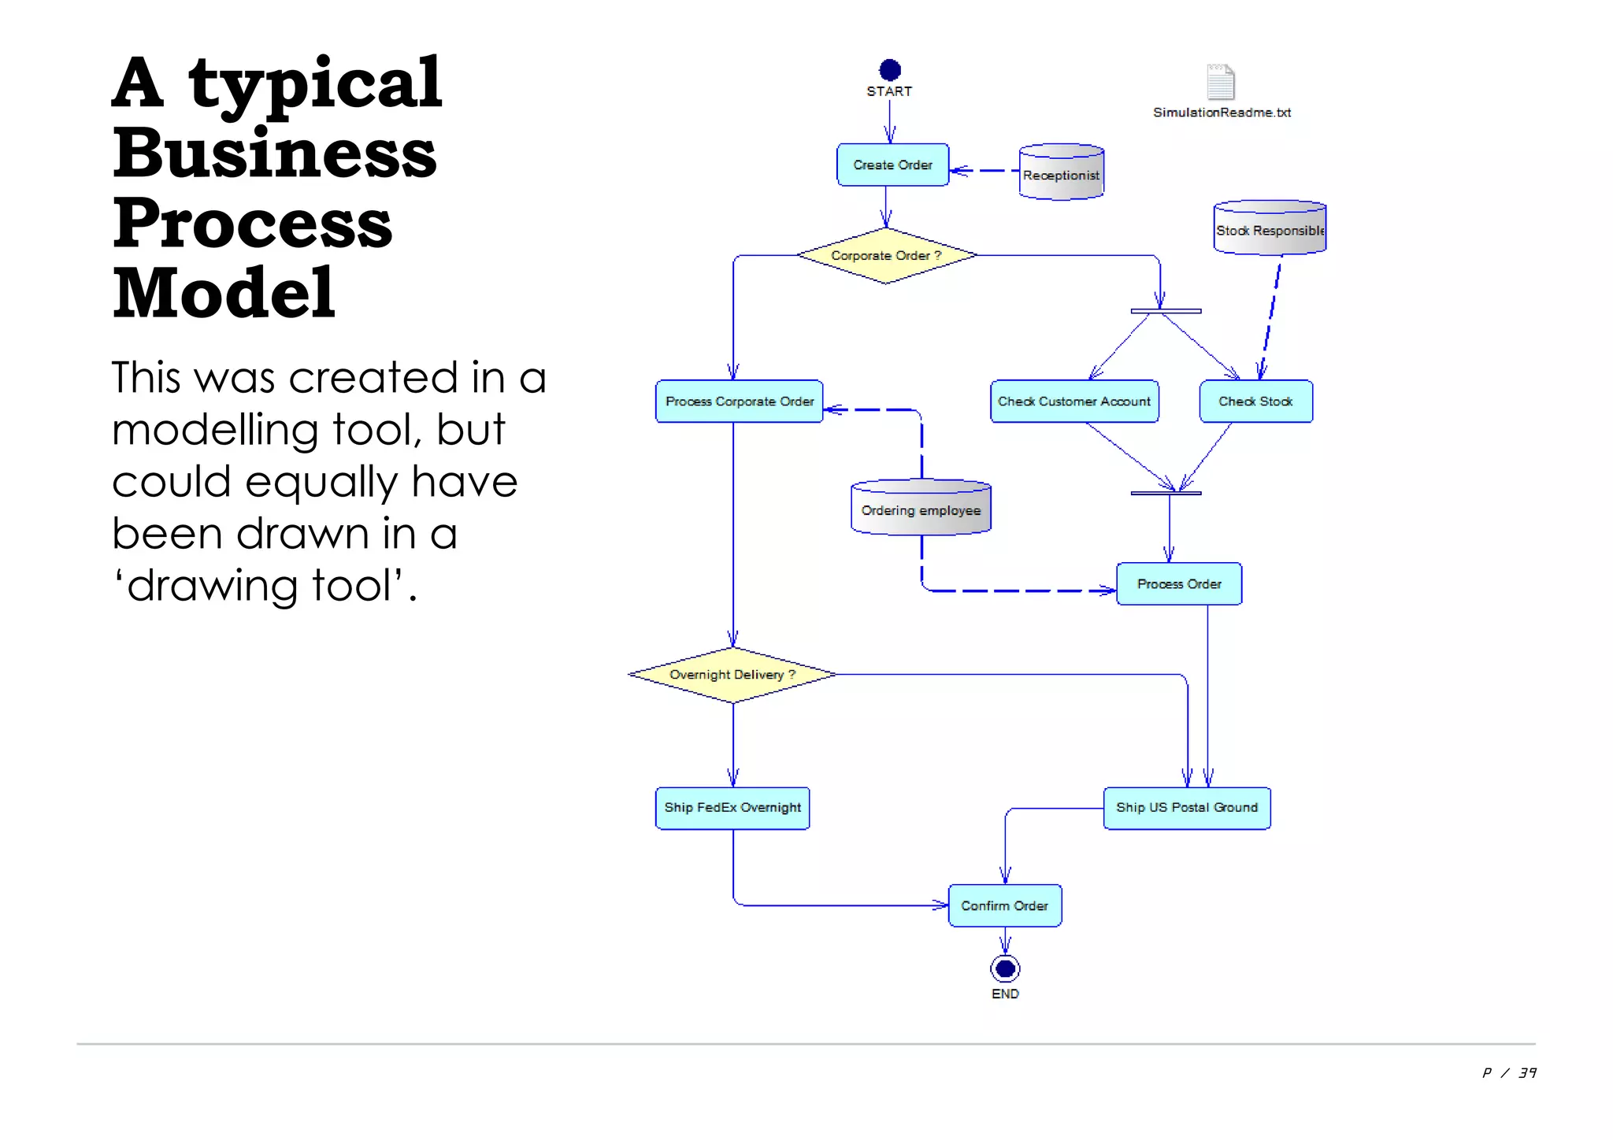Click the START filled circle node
pyautogui.click(x=889, y=70)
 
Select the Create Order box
pyautogui.click(x=892, y=165)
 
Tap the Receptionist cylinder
pyautogui.click(x=1061, y=172)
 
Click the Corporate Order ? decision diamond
pyautogui.click(x=886, y=256)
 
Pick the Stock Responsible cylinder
pyautogui.click(x=1270, y=228)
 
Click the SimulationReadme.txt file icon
pyautogui.click(x=1220, y=82)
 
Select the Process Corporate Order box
pyautogui.click(x=739, y=402)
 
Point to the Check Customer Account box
pyautogui.click(x=1074, y=402)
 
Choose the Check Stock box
pyautogui.click(x=1255, y=402)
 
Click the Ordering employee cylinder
pyautogui.click(x=921, y=509)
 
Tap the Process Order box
pyautogui.click(x=1179, y=584)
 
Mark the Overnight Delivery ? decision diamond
pyautogui.click(x=732, y=675)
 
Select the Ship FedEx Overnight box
pyautogui.click(x=732, y=808)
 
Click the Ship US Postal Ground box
pyautogui.click(x=1187, y=808)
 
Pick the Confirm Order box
pyautogui.click(x=1004, y=906)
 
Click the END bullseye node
pyautogui.click(x=1005, y=968)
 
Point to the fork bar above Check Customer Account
pyautogui.click(x=1166, y=312)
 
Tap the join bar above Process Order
pyautogui.click(x=1166, y=494)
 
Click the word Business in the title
pyautogui.click(x=274, y=153)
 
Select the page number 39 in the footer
pyautogui.click(x=1527, y=1073)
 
